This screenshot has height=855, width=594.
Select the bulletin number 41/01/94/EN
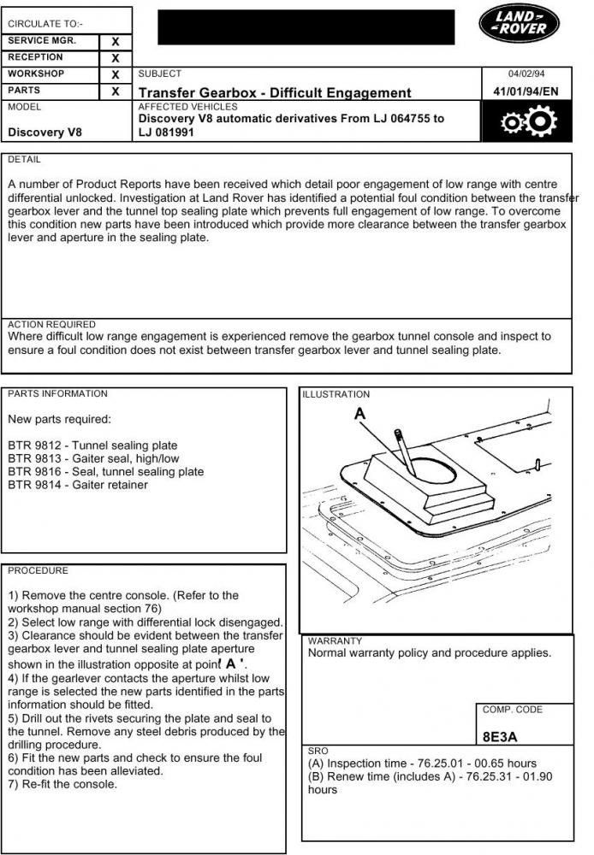click(525, 91)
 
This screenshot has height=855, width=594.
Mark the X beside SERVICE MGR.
click(116, 41)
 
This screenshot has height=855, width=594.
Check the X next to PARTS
click(116, 91)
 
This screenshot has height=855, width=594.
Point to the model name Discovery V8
click(45, 133)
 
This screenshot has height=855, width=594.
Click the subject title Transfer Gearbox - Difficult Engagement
click(274, 92)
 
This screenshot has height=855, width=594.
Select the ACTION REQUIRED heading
click(51, 325)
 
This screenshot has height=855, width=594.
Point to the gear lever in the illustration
click(404, 453)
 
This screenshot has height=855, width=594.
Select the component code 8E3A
click(501, 736)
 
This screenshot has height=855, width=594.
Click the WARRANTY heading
click(335, 640)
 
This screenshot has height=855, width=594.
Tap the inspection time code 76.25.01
click(443, 764)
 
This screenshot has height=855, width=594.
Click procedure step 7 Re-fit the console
click(62, 784)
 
